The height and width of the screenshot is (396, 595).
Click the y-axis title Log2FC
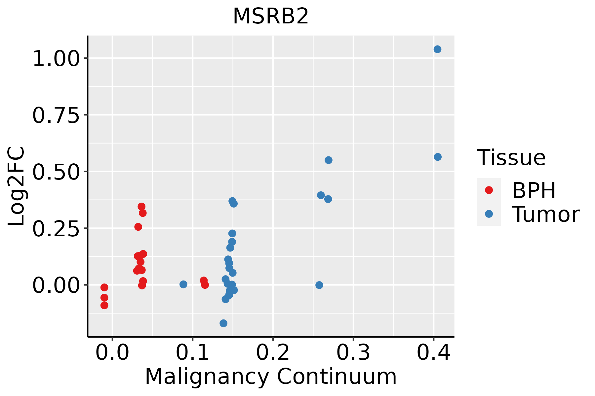(x=17, y=186)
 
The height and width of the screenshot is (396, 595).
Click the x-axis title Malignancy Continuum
(x=271, y=377)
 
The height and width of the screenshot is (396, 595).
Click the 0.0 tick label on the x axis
(x=112, y=352)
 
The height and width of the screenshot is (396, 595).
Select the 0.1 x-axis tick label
(x=192, y=352)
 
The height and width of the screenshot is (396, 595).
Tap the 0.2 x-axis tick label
(x=273, y=352)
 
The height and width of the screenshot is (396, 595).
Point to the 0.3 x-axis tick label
(x=353, y=352)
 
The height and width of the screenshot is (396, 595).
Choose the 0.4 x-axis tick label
(x=433, y=352)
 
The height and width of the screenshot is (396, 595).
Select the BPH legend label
(x=534, y=190)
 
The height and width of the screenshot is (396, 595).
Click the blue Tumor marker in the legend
(x=489, y=214)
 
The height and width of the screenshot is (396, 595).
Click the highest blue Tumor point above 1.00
(x=437, y=49)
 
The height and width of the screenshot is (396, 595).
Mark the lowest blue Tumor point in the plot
(x=223, y=323)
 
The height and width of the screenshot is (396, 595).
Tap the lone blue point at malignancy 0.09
(x=183, y=284)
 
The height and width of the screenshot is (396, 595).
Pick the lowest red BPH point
(x=104, y=305)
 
